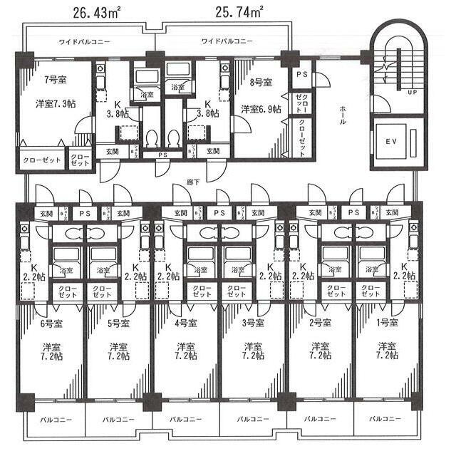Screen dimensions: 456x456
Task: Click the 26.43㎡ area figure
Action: click(x=98, y=11)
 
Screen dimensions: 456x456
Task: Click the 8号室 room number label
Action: click(x=261, y=82)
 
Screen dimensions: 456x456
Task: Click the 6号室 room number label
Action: click(x=50, y=323)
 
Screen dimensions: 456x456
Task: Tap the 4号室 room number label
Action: click(x=185, y=323)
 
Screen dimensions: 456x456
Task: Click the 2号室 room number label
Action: click(x=320, y=323)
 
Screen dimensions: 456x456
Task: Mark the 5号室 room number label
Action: click(x=118, y=323)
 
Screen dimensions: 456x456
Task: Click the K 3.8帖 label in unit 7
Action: click(x=118, y=108)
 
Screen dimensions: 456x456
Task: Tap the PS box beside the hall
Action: click(x=300, y=74)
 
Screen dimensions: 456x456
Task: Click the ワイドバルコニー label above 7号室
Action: click(x=84, y=42)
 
